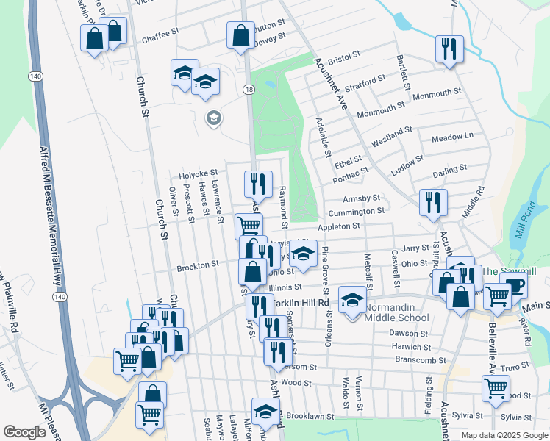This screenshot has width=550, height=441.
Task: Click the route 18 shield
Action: [x=250, y=89]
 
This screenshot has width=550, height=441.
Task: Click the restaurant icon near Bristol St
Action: [x=449, y=50]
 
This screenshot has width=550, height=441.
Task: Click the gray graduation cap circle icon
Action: [x=214, y=118]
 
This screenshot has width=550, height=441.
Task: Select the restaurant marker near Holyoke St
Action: [x=258, y=184]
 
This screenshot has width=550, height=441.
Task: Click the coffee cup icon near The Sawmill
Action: [x=512, y=285]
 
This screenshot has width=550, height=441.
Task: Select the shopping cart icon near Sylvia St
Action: [x=496, y=388]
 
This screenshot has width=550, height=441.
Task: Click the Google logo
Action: [x=25, y=433]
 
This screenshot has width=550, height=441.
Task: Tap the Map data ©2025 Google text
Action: [x=504, y=435]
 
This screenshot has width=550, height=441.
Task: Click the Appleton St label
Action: [x=338, y=227]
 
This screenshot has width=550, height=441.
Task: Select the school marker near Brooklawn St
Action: [x=265, y=411]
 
